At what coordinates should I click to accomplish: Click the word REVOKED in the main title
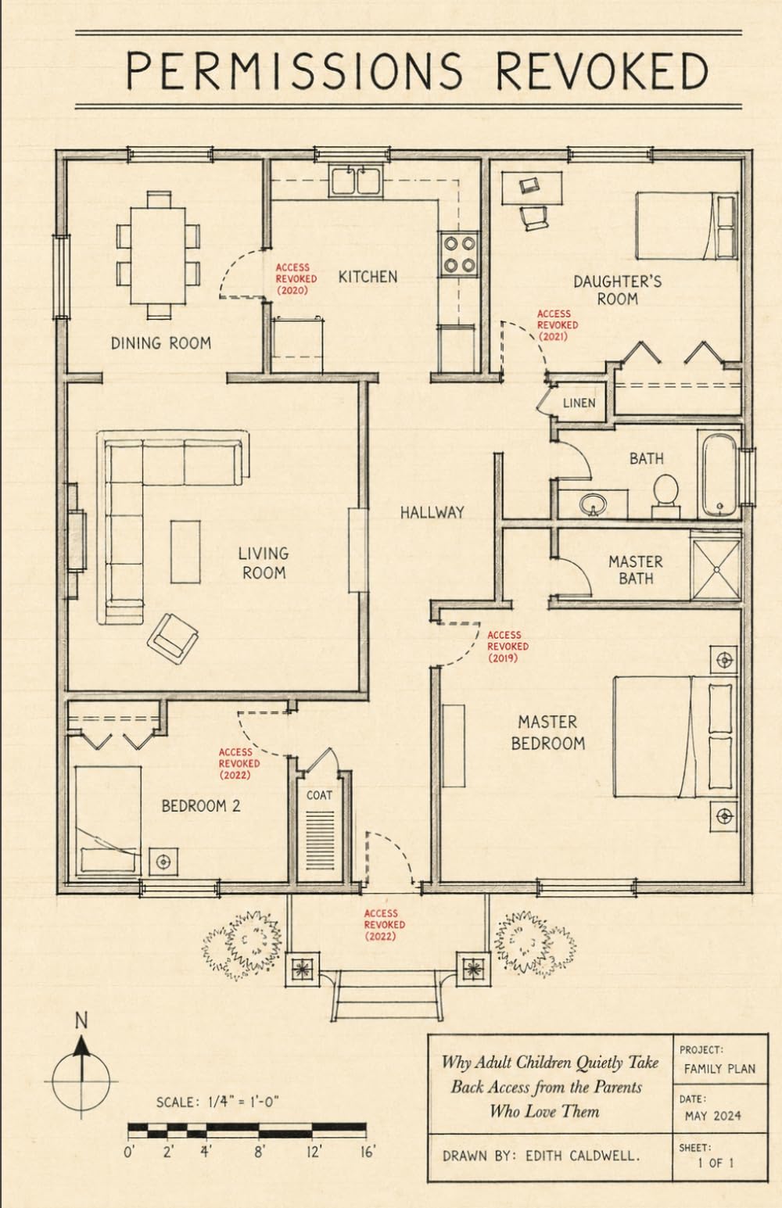click(602, 70)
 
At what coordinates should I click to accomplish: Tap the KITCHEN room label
click(368, 277)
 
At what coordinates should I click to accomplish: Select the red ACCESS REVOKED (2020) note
click(296, 279)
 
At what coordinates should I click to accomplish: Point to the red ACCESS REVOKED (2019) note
click(508, 646)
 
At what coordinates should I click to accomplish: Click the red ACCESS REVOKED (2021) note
click(557, 324)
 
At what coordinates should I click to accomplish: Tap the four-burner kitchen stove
click(459, 254)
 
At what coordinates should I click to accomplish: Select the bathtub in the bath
click(719, 475)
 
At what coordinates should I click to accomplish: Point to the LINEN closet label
click(579, 403)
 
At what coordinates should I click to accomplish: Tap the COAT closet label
click(319, 795)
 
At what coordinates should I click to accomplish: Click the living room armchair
click(173, 639)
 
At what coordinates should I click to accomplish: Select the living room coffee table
click(185, 552)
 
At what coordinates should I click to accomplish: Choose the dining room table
click(158, 256)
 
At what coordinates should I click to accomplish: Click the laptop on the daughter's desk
click(529, 185)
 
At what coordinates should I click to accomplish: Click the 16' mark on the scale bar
click(368, 1152)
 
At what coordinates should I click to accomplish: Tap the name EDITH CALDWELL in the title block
click(583, 1156)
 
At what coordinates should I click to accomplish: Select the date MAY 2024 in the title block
click(713, 1116)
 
